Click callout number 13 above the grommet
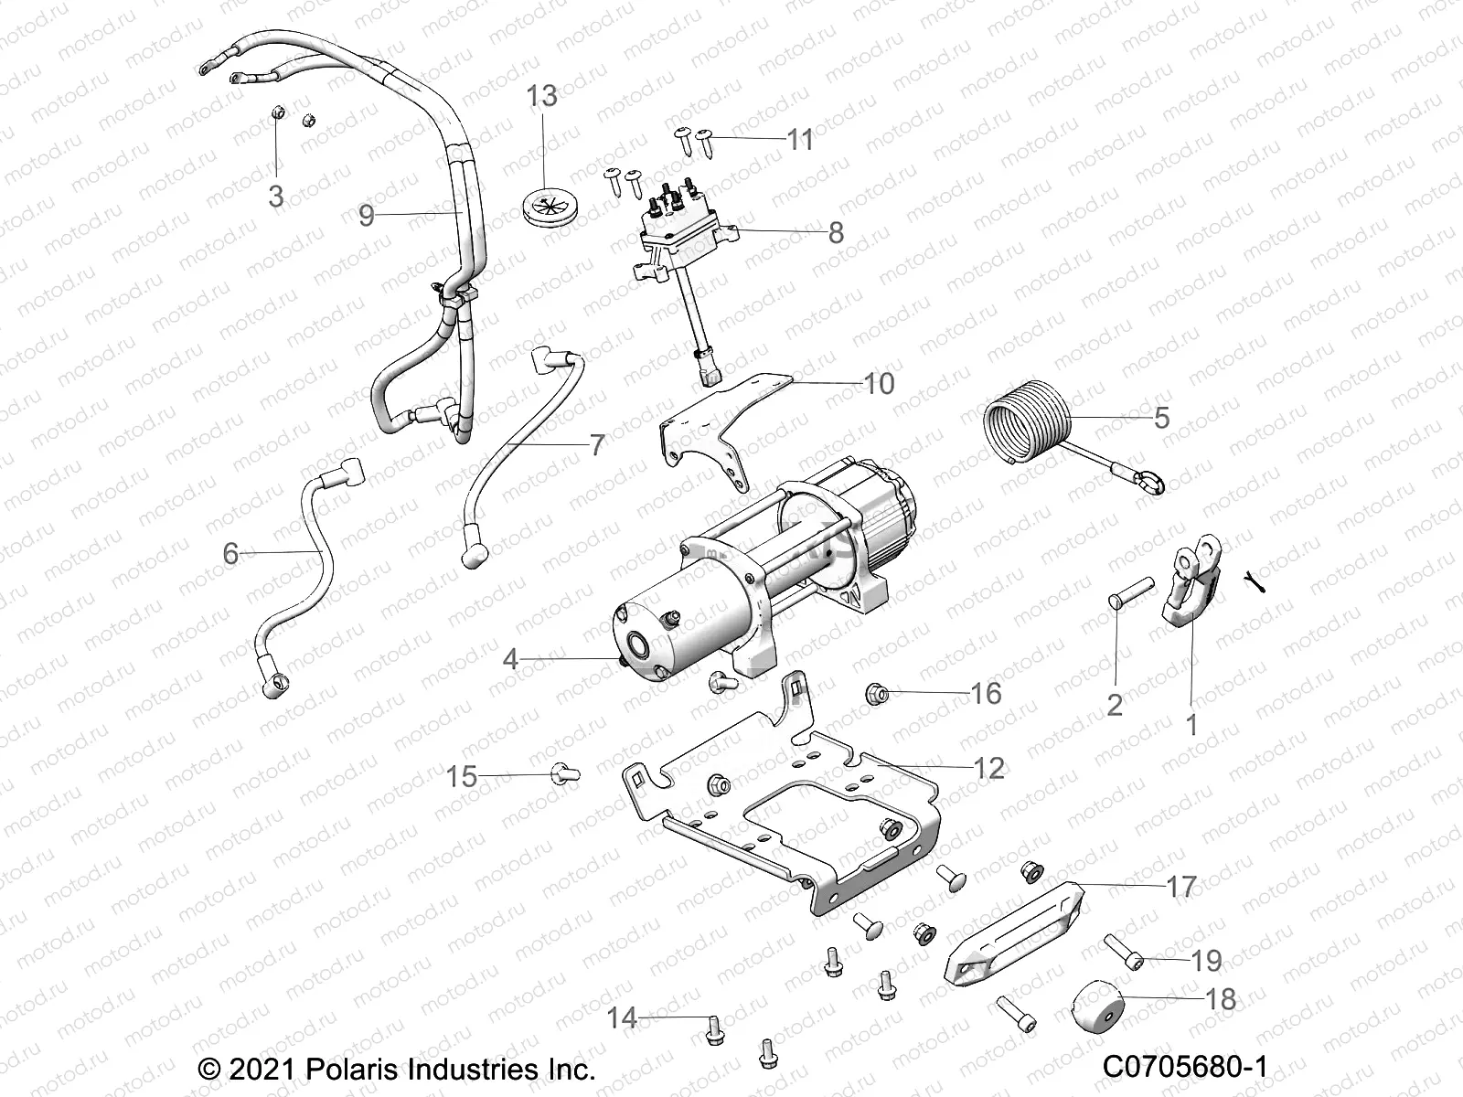(x=541, y=95)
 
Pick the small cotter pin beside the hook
(x=1255, y=581)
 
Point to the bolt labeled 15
(x=561, y=775)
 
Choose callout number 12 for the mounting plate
(x=988, y=768)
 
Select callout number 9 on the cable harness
(x=366, y=216)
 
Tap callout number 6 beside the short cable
(x=230, y=553)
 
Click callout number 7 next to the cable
(x=596, y=445)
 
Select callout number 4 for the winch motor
(x=510, y=658)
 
